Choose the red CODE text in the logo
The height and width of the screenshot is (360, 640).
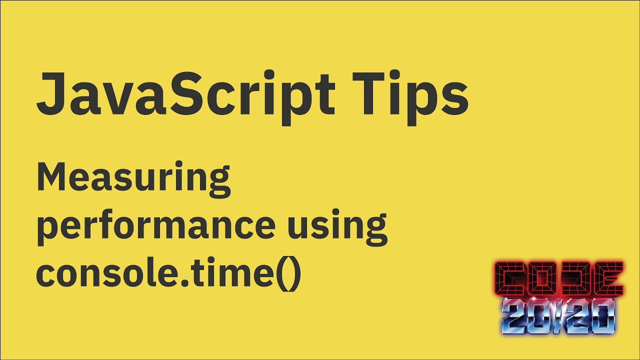coord(558,278)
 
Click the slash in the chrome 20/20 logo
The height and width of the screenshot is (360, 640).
coord(558,317)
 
